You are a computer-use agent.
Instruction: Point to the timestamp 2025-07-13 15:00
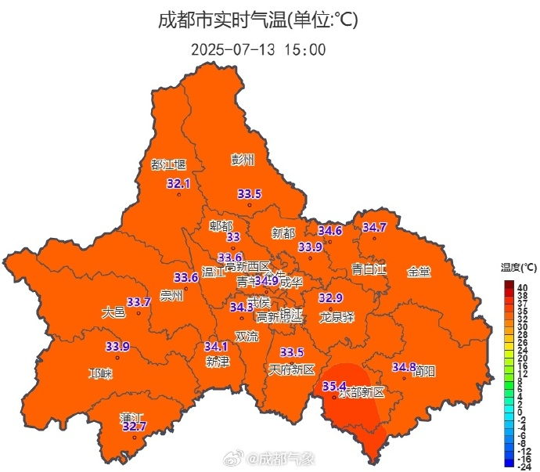258,49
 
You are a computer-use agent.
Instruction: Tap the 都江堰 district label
168,164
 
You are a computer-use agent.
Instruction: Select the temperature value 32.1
179,184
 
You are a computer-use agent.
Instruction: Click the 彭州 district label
243,160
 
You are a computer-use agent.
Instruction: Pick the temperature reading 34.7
375,228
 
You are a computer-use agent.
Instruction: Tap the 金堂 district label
419,272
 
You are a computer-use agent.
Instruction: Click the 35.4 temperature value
334,386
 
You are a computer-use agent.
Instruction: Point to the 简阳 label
425,370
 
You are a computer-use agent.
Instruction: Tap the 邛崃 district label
100,373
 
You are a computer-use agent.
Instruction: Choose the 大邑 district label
113,312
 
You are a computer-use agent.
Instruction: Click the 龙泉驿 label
337,317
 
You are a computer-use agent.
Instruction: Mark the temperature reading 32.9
331,298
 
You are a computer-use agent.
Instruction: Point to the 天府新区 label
291,369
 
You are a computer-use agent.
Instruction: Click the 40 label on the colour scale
522,288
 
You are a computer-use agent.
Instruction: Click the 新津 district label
218,362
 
